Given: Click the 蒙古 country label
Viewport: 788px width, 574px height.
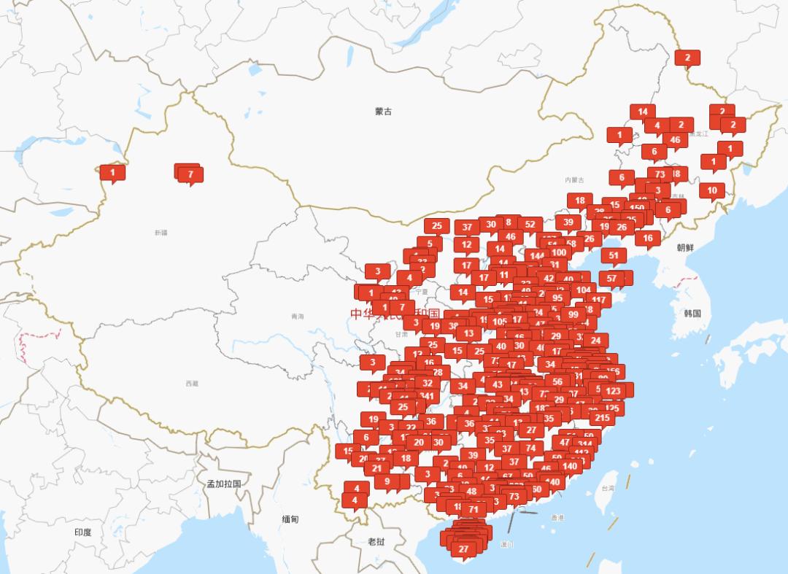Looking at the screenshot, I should [383, 112].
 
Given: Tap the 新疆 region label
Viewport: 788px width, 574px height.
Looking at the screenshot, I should [161, 233].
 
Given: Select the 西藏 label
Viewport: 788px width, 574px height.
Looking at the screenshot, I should [191, 383].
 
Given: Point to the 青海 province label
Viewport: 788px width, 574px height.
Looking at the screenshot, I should [297, 317].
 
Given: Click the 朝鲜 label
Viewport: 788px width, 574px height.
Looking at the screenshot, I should [686, 248].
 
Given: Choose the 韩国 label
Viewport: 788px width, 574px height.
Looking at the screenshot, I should [692, 314].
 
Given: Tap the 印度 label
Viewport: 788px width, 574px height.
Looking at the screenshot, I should [82, 532].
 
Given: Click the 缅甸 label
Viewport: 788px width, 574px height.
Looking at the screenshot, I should [290, 519].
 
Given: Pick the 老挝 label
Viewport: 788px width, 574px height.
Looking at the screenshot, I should [376, 541].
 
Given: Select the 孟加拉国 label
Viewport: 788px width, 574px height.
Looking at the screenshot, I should [224, 484].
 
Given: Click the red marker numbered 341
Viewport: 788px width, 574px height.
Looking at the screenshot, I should [427, 397].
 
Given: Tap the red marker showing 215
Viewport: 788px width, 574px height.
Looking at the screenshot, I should [602, 418].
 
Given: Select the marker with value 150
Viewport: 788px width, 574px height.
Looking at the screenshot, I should [637, 208].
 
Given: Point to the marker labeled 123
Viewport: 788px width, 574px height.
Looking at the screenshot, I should [613, 391].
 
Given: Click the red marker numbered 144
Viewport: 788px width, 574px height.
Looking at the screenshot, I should [538, 256].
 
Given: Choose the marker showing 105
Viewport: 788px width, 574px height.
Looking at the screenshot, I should [499, 322].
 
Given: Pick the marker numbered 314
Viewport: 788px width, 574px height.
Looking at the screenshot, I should [584, 443].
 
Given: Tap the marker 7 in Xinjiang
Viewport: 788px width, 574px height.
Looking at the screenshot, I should [190, 174].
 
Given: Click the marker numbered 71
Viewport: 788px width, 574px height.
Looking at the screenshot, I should [474, 509].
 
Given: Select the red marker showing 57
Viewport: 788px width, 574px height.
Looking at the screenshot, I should [612, 278].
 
